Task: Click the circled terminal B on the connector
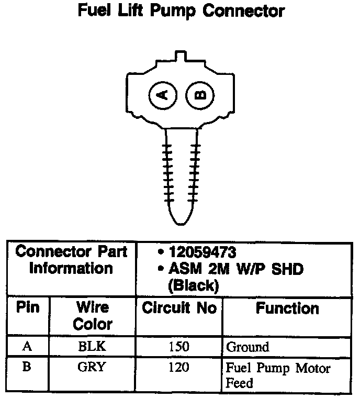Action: (x=201, y=95)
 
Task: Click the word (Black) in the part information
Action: (x=192, y=285)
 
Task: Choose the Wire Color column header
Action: (x=92, y=315)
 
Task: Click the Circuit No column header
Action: (x=179, y=308)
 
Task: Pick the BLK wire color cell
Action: (x=92, y=347)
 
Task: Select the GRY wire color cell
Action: (x=92, y=367)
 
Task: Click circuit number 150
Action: (x=179, y=347)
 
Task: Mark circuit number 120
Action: (x=179, y=367)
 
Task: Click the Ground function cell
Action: (x=248, y=347)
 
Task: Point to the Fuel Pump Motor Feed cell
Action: (x=278, y=375)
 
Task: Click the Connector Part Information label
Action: (x=72, y=260)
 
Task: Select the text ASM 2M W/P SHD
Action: (x=236, y=269)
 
